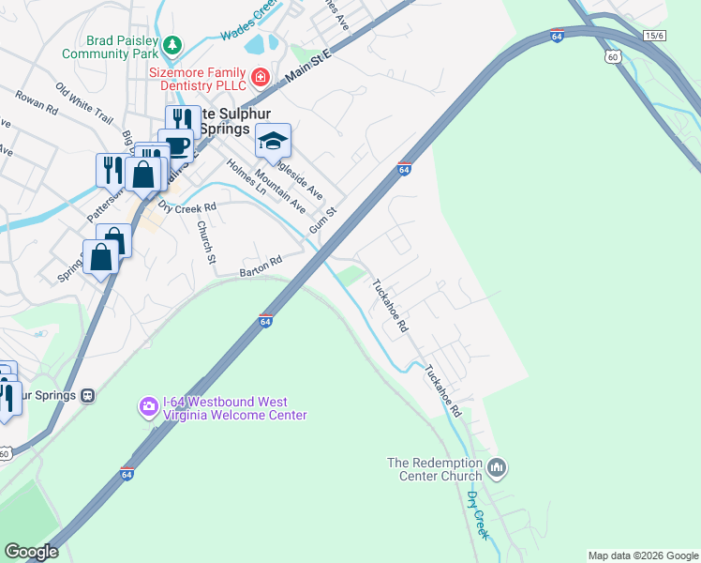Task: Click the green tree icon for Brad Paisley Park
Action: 172,43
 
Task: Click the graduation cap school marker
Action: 273,141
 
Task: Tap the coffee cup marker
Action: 176,145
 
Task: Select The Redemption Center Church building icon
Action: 497,466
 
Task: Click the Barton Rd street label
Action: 261,267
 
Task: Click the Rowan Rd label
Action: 37,102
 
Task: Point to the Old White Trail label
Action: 84,104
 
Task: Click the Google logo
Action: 31,552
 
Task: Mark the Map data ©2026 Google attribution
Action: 643,555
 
